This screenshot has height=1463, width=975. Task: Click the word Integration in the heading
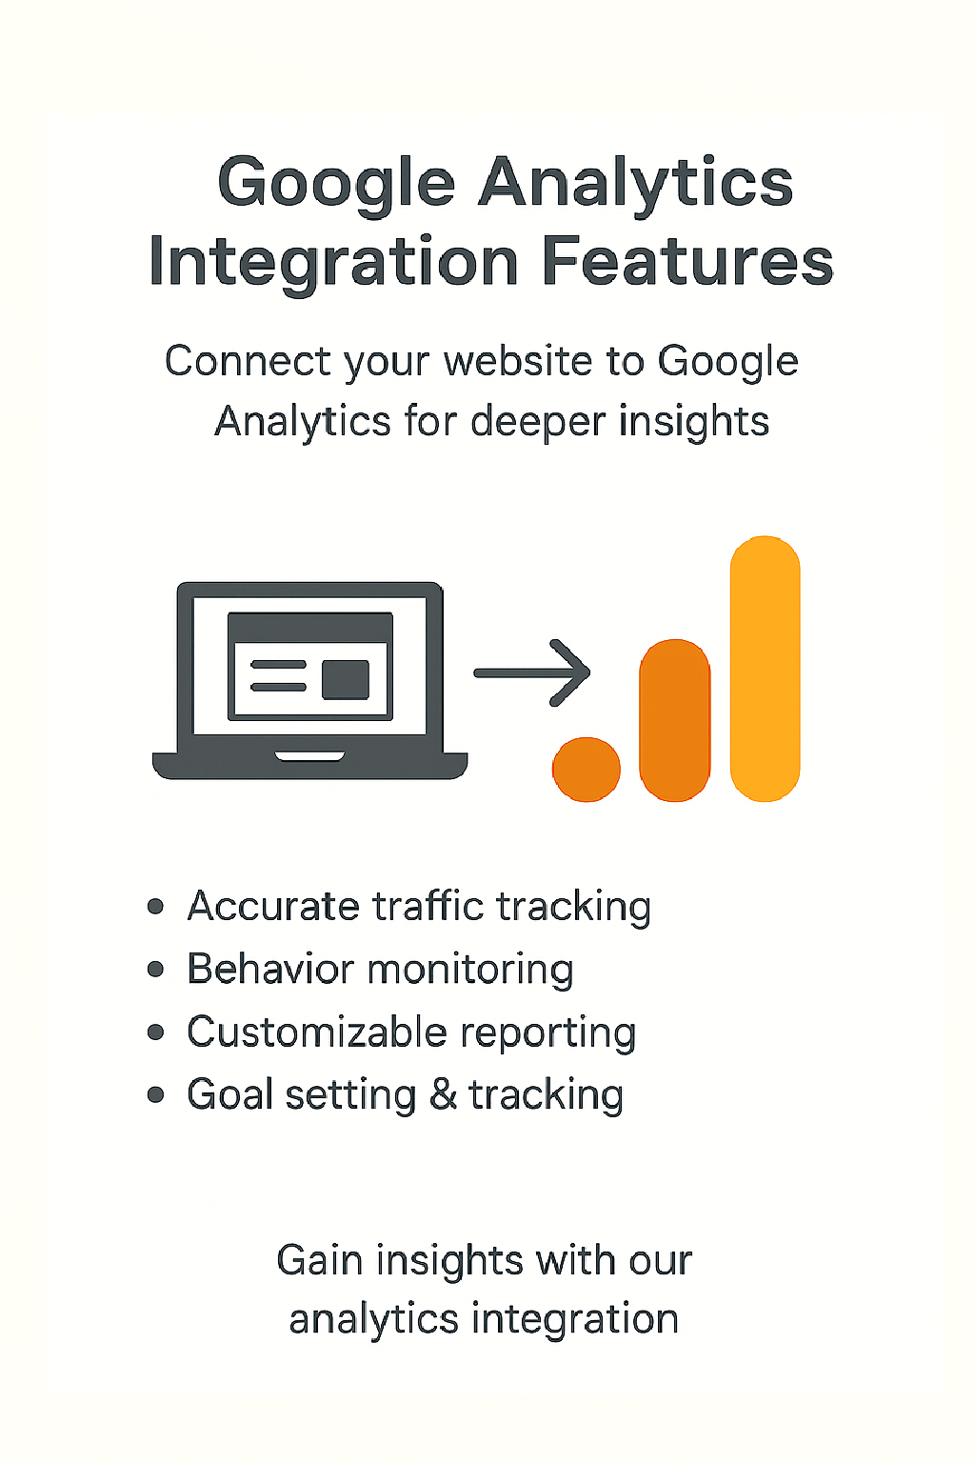click(333, 262)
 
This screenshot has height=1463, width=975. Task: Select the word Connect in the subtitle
click(249, 362)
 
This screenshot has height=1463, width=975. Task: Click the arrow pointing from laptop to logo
click(533, 672)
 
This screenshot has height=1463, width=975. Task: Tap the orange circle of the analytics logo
click(587, 769)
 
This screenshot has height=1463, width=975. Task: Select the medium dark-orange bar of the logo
click(675, 720)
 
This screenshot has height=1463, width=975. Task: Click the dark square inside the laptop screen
click(346, 679)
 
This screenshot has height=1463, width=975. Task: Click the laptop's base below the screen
click(309, 765)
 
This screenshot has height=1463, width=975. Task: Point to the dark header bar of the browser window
click(309, 628)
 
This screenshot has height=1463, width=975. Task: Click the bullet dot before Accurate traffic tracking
click(156, 906)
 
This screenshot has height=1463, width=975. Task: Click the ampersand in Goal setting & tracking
click(443, 1094)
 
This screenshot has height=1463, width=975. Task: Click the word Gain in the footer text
click(320, 1260)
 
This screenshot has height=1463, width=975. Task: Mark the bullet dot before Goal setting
click(156, 1094)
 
